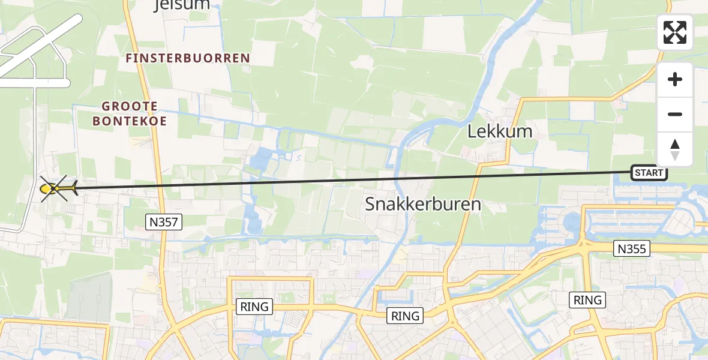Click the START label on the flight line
[649, 173]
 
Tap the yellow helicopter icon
[56, 189]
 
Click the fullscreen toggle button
[675, 32]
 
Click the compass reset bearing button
[675, 149]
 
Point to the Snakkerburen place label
[424, 205]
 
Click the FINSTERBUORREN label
[188, 58]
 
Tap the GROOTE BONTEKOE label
[130, 113]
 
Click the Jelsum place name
[181, 5]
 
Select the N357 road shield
[164, 223]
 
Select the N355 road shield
[632, 248]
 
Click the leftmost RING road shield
[255, 307]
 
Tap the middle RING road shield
[405, 316]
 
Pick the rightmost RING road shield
[587, 299]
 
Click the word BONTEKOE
[130, 121]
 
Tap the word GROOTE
[130, 106]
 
